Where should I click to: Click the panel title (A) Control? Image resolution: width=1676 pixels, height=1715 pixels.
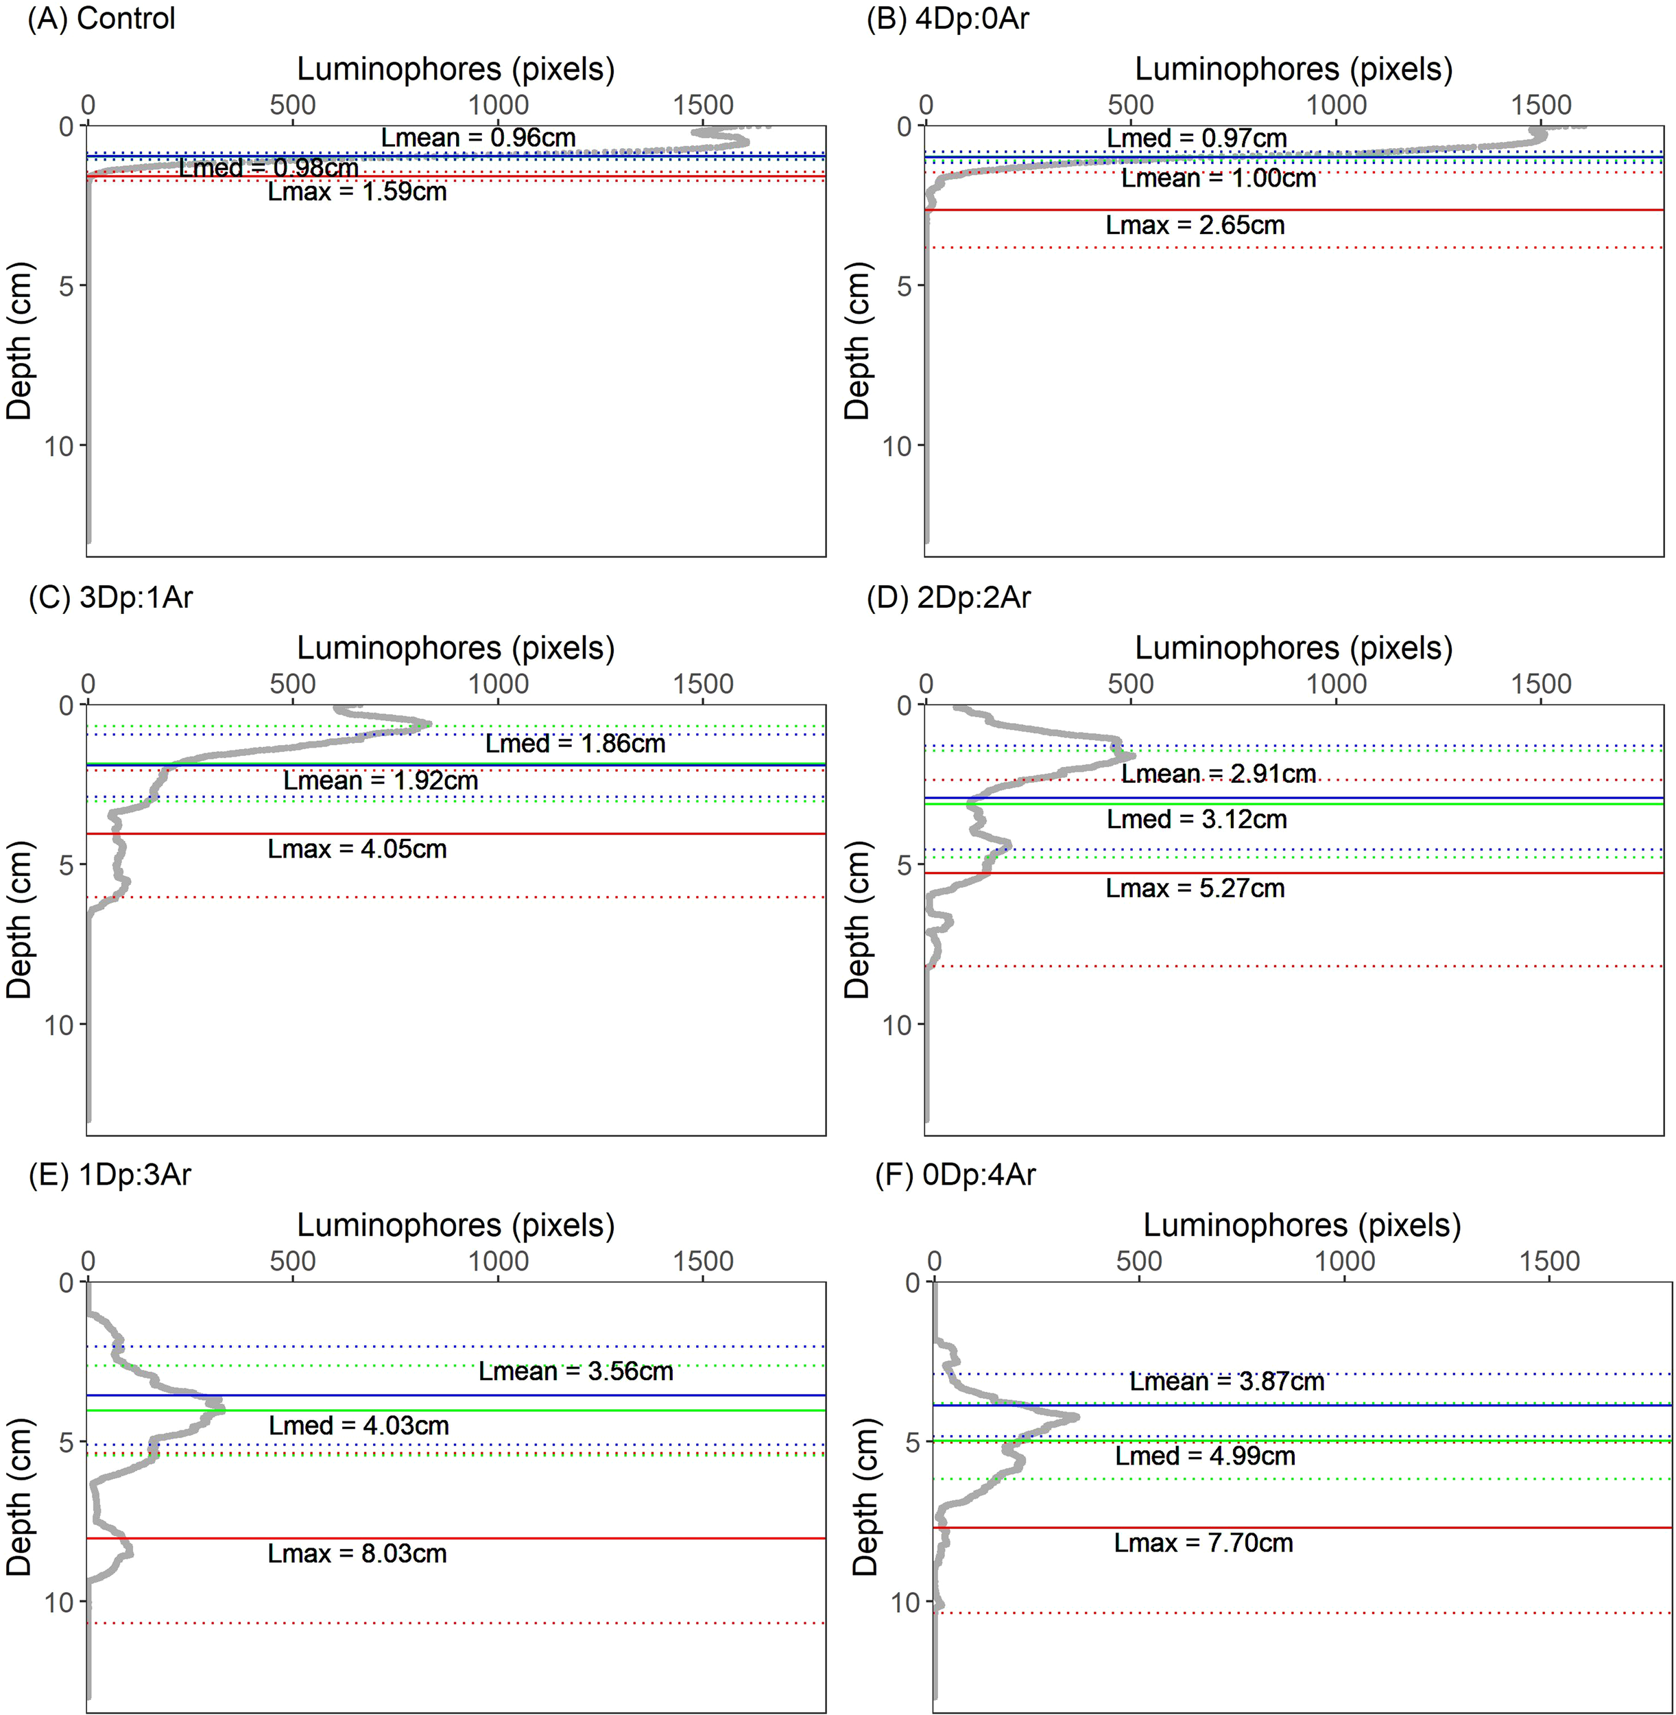101,19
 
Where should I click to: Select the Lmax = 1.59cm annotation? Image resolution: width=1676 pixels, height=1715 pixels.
357,192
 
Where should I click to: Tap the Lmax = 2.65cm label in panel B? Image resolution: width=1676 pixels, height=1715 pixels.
1195,226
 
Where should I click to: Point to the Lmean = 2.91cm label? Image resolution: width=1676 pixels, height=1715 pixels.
1219,774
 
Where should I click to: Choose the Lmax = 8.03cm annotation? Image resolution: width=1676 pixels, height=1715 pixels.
357,1553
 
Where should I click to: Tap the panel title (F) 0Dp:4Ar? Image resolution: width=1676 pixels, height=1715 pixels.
955,1174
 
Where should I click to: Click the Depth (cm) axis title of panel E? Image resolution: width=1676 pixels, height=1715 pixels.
19,1497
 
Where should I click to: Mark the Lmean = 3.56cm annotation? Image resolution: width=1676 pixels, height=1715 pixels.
575,1371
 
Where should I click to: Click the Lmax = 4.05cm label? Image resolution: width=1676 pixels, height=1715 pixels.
357,849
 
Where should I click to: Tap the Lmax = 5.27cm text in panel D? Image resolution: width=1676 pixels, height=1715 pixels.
1195,888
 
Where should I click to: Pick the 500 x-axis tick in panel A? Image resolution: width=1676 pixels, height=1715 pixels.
292,106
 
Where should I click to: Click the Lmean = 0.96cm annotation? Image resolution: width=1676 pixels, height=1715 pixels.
478,138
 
